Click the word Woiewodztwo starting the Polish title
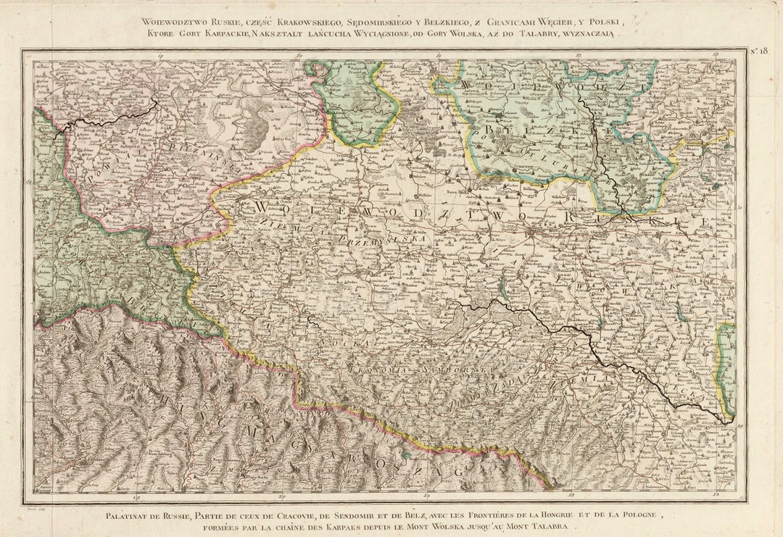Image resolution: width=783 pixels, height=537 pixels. click(x=173, y=20)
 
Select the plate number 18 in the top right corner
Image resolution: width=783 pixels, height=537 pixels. click(x=758, y=50)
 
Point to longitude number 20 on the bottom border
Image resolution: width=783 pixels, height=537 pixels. click(x=282, y=497)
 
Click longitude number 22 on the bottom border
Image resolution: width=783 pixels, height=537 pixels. click(x=571, y=497)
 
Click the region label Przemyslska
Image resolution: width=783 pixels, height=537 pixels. click(x=384, y=239)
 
